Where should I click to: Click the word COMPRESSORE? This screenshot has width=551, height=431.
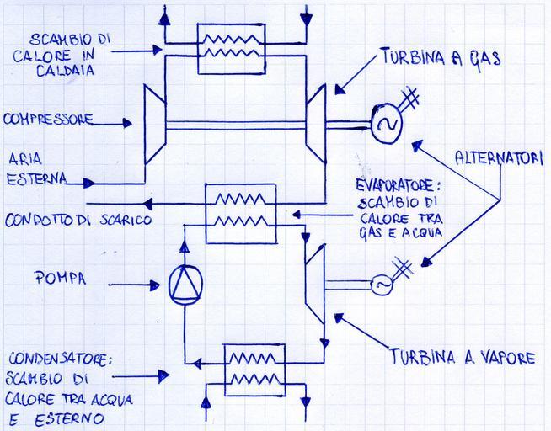47,120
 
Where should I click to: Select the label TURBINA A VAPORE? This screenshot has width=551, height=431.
463,357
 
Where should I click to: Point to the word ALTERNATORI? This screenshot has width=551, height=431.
498,157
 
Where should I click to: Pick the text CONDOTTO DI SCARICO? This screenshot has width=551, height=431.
78,221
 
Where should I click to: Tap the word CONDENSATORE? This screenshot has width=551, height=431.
56,360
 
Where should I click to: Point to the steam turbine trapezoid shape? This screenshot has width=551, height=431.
313,282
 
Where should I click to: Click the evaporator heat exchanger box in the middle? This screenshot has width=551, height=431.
241,213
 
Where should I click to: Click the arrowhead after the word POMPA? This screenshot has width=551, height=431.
152,285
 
